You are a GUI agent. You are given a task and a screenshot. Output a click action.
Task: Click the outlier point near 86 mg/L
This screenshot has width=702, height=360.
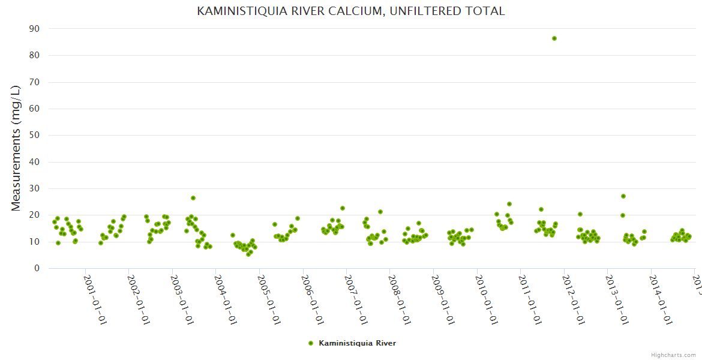(x=554, y=38)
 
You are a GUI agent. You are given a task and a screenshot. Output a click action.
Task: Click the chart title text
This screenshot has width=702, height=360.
(x=351, y=11)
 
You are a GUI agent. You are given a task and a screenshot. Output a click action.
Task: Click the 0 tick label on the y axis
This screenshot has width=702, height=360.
(x=37, y=269)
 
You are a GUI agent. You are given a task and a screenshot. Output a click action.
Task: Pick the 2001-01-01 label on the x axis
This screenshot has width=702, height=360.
(x=96, y=299)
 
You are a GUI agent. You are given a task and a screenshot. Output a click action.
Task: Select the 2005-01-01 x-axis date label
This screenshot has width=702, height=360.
(x=270, y=299)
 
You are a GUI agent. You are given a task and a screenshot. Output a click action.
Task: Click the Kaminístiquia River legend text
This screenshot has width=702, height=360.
(x=357, y=343)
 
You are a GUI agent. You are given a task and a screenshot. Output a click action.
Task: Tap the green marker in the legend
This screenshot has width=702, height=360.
(x=310, y=343)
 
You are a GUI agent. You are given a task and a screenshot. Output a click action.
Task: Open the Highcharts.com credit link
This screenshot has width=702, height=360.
(x=673, y=355)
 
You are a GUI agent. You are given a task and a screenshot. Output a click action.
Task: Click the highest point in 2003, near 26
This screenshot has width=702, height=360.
(x=193, y=198)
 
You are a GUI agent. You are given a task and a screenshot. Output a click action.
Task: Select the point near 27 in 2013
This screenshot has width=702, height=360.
(x=623, y=196)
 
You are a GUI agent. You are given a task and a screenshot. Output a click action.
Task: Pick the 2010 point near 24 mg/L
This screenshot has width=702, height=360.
(x=509, y=204)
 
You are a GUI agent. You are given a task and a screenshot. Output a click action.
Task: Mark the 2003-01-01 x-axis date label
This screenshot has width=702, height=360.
(x=183, y=299)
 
